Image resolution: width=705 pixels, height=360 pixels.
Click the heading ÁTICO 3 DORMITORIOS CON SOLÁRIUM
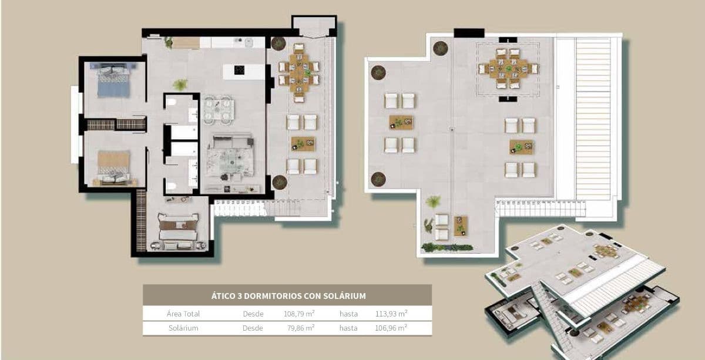(288, 296)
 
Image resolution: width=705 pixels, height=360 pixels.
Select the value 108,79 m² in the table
(299, 314)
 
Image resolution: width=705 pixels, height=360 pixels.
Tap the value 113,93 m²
(391, 314)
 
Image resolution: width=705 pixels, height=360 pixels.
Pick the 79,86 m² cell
(299, 328)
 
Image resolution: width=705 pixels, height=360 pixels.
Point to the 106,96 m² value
(391, 328)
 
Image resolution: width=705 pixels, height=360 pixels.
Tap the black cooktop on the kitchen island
(240, 70)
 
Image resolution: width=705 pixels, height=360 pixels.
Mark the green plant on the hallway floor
(180, 85)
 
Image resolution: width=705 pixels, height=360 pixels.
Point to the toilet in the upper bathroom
(170, 103)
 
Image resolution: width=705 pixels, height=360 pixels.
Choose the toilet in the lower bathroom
(170, 186)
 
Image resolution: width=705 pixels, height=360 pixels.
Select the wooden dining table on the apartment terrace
(299, 73)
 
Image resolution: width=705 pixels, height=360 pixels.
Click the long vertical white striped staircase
(593, 117)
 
